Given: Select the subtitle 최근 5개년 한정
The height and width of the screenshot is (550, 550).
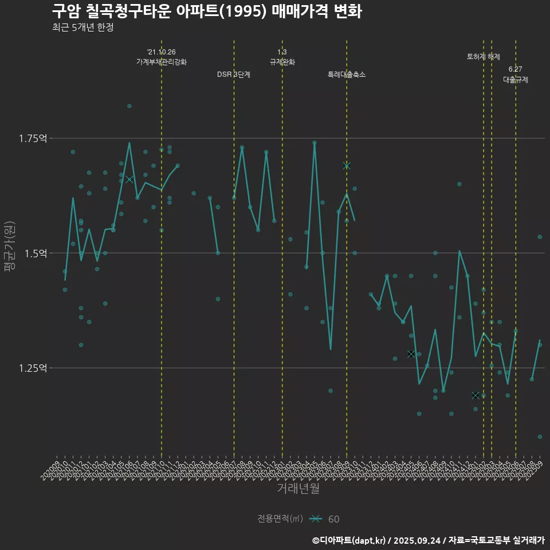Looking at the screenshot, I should click(x=82, y=27).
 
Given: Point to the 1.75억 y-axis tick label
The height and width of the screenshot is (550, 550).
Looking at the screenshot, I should click(x=33, y=138).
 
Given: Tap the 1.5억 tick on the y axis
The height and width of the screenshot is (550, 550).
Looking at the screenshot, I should click(x=35, y=253).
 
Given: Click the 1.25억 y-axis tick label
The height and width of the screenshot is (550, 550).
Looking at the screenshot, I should click(x=33, y=368).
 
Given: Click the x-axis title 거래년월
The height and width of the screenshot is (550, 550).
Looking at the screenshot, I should click(x=298, y=488).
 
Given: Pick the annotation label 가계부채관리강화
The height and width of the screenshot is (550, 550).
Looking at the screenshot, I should click(x=161, y=62).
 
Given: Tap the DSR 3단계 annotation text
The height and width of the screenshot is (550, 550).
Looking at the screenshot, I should click(x=234, y=74).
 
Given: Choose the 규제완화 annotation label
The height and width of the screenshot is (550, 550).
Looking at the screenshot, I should click(x=282, y=62).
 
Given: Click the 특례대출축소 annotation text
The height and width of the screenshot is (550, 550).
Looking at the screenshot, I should click(x=347, y=74).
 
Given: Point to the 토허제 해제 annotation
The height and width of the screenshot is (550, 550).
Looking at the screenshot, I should click(x=484, y=57).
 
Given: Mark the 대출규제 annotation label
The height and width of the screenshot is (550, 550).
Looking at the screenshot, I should click(x=516, y=80).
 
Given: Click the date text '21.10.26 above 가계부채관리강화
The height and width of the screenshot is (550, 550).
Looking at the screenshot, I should click(x=161, y=52).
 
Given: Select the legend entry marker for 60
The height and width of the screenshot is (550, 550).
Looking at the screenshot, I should click(x=315, y=519).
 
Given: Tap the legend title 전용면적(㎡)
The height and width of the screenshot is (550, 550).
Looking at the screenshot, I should click(x=280, y=519).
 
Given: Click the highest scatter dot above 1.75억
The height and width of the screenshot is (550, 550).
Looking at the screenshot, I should click(x=129, y=106).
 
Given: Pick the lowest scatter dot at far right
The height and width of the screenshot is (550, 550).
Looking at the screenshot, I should click(x=540, y=437).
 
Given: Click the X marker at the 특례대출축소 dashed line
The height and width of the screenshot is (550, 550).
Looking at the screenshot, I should click(x=346, y=166).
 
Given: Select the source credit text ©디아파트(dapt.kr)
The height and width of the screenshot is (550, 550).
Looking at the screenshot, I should click(x=349, y=540).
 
